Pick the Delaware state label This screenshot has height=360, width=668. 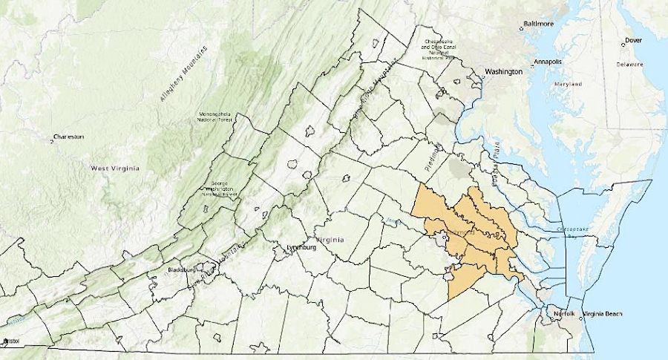(x=629, y=65)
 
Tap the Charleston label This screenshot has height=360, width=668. (x=68, y=137)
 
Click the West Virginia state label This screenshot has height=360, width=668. (x=114, y=168)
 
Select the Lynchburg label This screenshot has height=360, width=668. (x=301, y=247)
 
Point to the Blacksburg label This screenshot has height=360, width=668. (x=182, y=270)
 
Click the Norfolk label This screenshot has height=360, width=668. (x=562, y=314)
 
